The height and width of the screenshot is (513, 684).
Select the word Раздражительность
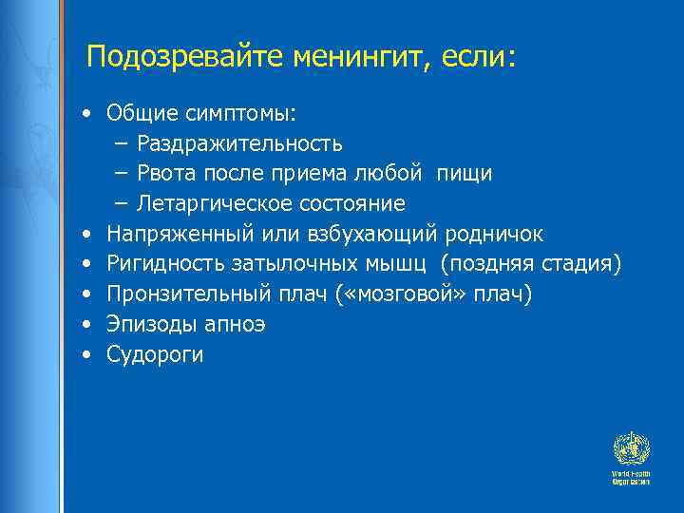(x=241, y=143)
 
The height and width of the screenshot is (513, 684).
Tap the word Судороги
(x=155, y=355)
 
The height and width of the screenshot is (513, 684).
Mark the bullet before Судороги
(x=86, y=355)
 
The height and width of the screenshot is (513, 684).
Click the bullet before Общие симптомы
(x=86, y=114)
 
